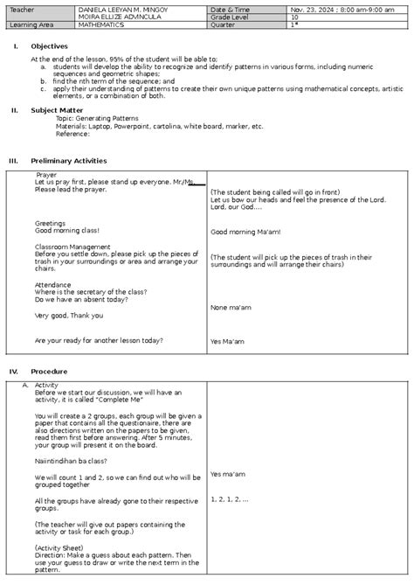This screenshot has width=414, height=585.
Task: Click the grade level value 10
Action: pos(294,17)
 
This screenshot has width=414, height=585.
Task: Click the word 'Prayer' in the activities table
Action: pos(46,175)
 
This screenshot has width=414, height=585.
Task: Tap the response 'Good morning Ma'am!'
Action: pos(245,232)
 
